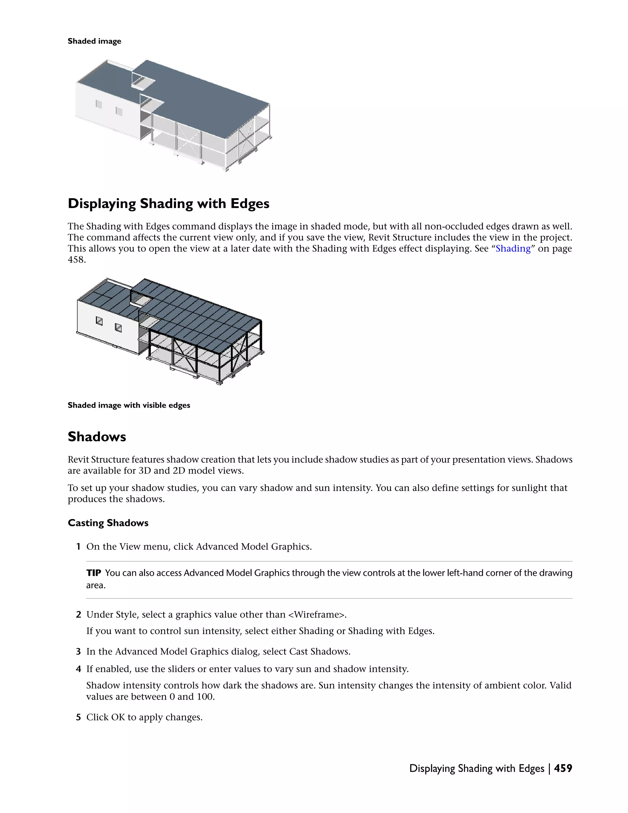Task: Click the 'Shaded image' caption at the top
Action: [x=94, y=41]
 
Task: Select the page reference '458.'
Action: [x=77, y=260]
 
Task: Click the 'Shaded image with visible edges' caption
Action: [x=129, y=405]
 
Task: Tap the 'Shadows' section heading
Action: [x=97, y=437]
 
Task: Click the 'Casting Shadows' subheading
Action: [x=108, y=523]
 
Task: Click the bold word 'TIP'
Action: [x=94, y=572]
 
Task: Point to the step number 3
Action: [x=78, y=651]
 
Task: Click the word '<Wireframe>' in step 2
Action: [x=316, y=614]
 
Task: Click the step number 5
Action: [x=78, y=717]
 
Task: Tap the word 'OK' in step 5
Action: [x=118, y=717]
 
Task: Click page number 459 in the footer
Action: [x=563, y=768]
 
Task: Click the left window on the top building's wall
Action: [x=99, y=104]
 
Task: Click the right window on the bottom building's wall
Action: [x=118, y=328]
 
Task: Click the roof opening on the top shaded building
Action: [x=143, y=83]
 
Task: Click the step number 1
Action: [x=78, y=546]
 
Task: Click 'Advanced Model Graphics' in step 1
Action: [x=253, y=546]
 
